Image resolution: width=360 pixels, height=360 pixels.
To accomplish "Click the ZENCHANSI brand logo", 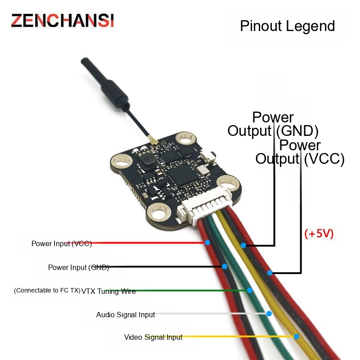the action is (63, 21).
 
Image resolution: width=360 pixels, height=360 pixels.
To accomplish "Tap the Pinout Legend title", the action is (287, 26).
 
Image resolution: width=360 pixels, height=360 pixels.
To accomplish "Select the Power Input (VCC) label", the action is (62, 243).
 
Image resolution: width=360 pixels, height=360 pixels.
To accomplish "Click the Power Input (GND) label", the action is (78, 267).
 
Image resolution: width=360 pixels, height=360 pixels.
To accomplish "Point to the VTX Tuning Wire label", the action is (108, 291).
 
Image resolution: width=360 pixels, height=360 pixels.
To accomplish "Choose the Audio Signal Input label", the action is (126, 315).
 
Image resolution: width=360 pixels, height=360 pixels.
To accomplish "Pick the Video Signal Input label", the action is (153, 337).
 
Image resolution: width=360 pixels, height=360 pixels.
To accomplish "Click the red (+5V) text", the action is (319, 234).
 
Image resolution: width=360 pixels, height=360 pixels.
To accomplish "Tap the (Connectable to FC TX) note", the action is (47, 290).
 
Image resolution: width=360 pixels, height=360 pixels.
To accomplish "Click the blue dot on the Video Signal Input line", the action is (297, 337).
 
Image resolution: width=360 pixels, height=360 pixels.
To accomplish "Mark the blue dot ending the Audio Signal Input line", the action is (269, 314).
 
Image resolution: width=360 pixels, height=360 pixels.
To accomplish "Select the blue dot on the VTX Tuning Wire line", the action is (250, 290).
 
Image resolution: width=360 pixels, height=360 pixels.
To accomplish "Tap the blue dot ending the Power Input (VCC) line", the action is (207, 243).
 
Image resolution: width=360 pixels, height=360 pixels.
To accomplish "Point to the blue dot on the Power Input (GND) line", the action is (225, 266).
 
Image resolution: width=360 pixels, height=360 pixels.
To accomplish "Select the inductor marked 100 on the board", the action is (147, 159).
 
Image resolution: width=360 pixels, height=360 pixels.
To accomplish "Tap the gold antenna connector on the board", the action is (153, 141).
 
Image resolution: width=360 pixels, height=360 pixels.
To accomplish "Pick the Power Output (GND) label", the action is (273, 124).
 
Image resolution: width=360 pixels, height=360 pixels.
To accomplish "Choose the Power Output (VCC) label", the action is (300, 152).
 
